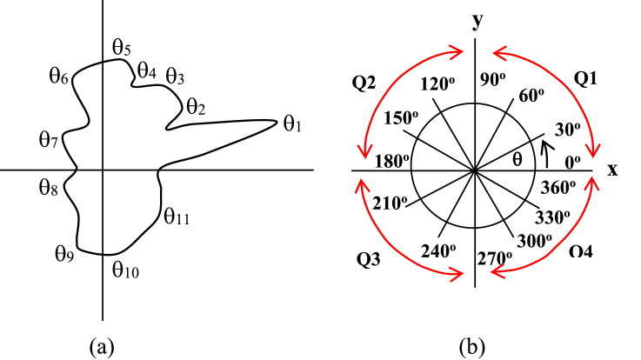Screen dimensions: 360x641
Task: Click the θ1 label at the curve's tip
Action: [x=291, y=123]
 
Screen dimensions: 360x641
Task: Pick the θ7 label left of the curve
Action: [x=49, y=140]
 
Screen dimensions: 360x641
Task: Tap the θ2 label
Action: [x=196, y=107]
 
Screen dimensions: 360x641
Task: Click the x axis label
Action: [x=612, y=170]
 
